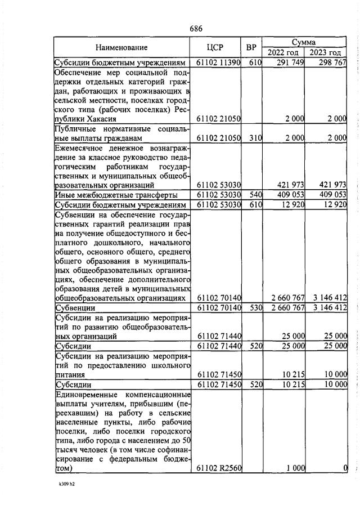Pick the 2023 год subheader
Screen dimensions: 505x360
[327, 52]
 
